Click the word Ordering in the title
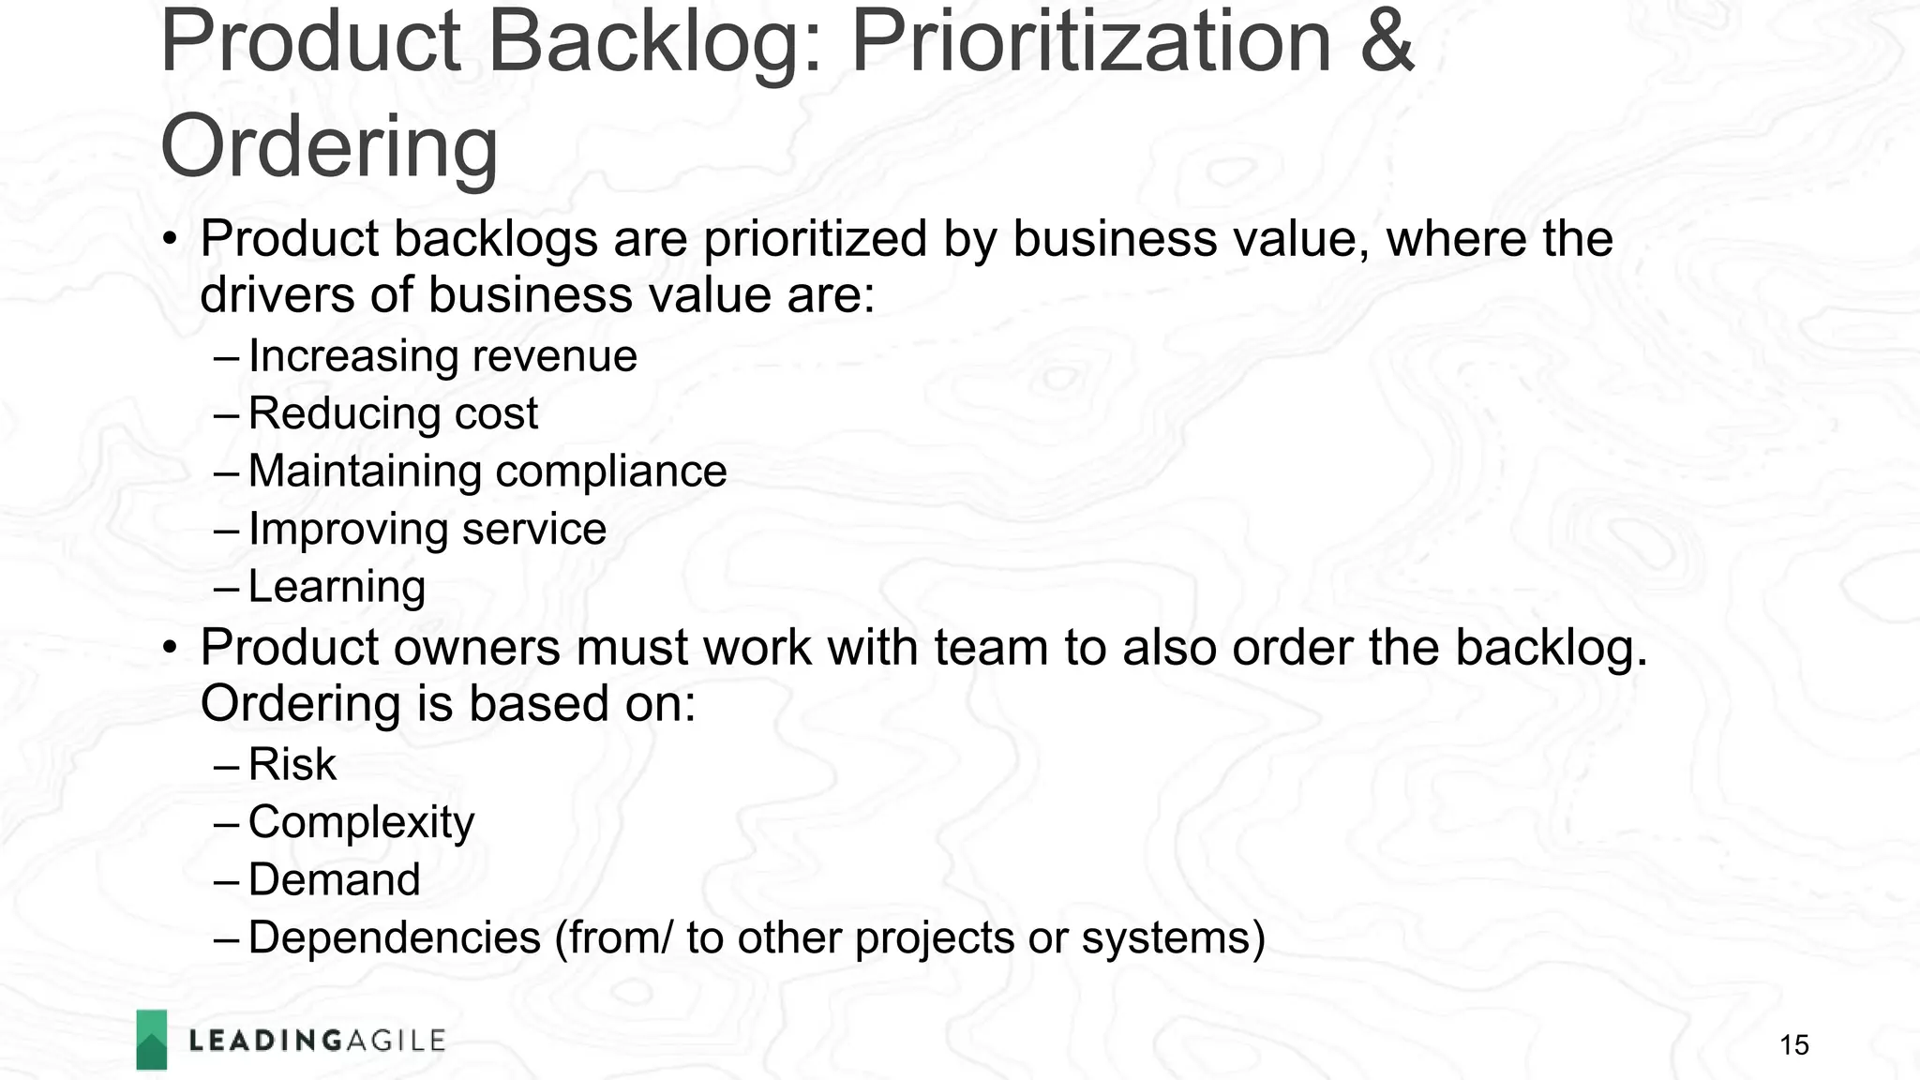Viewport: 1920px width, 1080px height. tap(329, 147)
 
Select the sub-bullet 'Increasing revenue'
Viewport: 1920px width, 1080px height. tap(442, 356)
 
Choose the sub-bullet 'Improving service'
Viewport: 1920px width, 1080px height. tap(427, 530)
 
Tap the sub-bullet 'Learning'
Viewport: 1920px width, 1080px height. tap(337, 588)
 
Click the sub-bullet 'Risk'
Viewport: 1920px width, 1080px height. tap(292, 764)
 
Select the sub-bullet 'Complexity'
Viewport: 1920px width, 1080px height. tap(361, 822)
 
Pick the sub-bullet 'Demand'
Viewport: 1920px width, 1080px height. tap(334, 880)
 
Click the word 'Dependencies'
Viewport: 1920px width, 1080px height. tap(395, 938)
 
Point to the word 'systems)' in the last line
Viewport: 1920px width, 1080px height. tap(1173, 938)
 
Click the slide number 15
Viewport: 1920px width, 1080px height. tap(1793, 1045)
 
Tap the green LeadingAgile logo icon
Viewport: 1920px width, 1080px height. tap(152, 1040)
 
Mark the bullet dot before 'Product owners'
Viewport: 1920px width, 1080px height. tap(169, 649)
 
